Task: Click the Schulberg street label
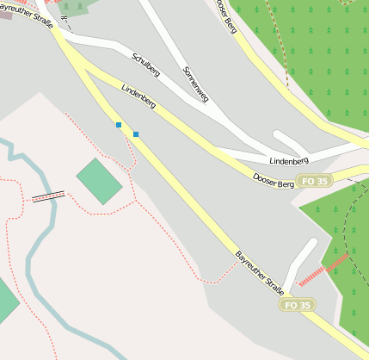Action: (x=146, y=65)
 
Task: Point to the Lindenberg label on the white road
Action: (x=288, y=161)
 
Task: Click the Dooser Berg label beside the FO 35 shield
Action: (x=273, y=177)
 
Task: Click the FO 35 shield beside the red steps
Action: (x=297, y=305)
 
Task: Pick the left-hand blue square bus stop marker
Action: (x=119, y=126)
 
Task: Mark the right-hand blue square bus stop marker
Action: (x=136, y=133)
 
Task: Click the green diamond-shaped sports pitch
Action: (x=99, y=181)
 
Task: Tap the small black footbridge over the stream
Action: (x=48, y=197)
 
